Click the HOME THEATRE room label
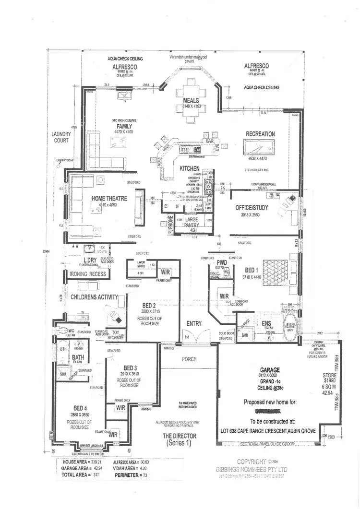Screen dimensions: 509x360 [109, 198]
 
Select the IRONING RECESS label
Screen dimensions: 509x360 [88, 274]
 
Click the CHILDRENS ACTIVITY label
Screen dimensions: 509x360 [94, 297]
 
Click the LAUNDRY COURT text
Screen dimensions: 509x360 [61, 137]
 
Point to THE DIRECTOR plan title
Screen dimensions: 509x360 [179, 436]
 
